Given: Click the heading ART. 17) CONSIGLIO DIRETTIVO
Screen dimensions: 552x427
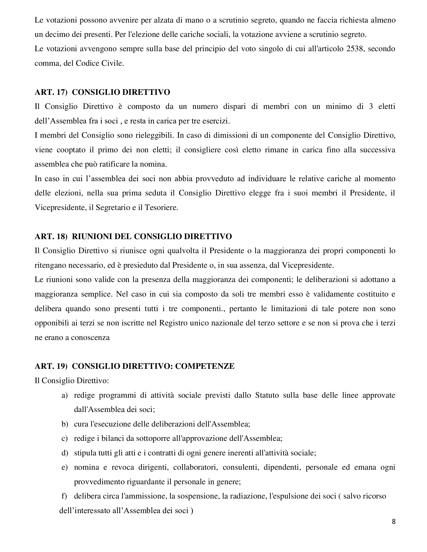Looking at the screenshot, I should pyautogui.click(x=102, y=92).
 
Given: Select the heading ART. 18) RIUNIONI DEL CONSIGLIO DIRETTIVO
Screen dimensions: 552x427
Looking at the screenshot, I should pyautogui.click(x=133, y=237).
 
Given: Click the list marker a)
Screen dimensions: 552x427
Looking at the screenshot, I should pyautogui.click(x=65, y=395).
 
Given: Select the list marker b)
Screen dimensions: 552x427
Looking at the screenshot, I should pyautogui.click(x=65, y=424).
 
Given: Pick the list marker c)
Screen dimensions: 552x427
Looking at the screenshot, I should pyautogui.click(x=65, y=439).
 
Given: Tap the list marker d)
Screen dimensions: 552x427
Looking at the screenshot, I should pyautogui.click(x=65, y=453).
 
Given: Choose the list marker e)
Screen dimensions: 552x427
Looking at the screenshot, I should pyautogui.click(x=65, y=467).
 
